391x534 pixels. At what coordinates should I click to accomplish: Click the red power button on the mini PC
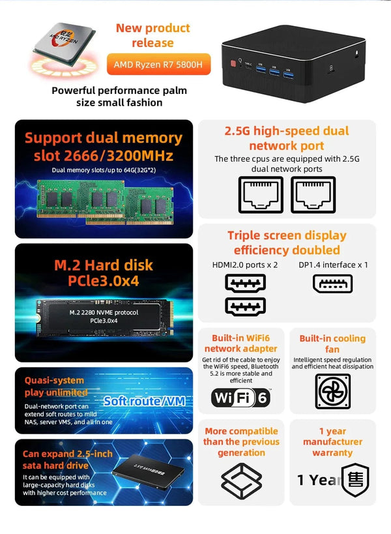coord(231,64)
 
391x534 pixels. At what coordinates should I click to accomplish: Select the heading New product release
coord(152,35)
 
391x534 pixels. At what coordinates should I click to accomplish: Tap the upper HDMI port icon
coord(245,284)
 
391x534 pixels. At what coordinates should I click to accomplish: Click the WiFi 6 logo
coord(240,397)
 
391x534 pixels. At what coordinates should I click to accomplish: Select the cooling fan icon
coord(332,391)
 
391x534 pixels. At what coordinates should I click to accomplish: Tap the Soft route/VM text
coord(143,401)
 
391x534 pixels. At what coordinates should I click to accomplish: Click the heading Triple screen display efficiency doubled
coord(287,243)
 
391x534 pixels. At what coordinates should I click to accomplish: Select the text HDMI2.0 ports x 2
coord(244,265)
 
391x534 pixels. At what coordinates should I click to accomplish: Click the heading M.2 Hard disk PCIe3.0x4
coord(104,273)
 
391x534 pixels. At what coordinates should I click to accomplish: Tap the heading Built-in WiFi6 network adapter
coord(240,344)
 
